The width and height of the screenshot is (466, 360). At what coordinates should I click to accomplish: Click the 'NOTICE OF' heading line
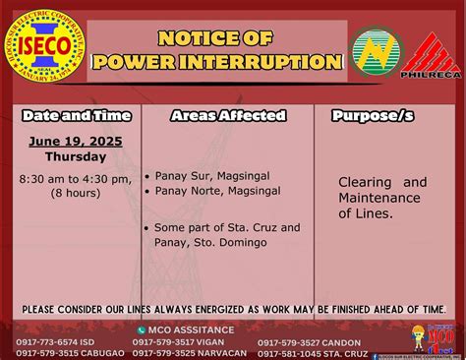coord(216,38)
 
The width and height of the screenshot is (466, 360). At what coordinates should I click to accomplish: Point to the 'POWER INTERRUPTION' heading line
coord(216,62)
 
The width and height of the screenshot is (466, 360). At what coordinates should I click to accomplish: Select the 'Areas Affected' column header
coord(227,116)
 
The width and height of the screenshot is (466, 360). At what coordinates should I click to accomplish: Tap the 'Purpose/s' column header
coord(374,116)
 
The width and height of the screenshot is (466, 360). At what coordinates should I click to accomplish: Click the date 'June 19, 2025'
coord(75,142)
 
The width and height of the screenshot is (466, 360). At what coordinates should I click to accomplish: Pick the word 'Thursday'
coord(75,157)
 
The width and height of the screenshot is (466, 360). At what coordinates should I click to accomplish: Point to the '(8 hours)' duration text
coord(75,193)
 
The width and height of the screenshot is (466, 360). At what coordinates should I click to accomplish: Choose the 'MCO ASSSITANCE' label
coord(193,330)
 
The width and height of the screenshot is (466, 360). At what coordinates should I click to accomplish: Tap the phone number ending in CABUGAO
coord(59,353)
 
